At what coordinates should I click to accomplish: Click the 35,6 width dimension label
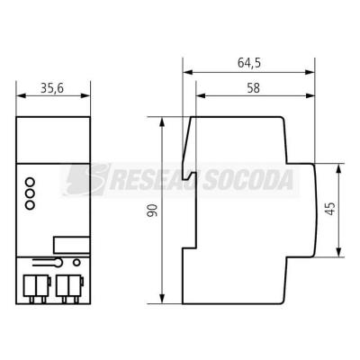pos(52,88)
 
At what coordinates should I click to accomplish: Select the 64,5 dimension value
pos(249,63)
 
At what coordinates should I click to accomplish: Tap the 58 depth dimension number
pos(253,88)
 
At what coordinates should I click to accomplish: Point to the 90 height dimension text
pos(152,211)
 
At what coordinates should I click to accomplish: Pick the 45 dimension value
pos(330,209)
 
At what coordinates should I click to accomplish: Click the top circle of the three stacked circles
pos(30,182)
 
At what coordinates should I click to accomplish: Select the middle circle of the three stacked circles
pos(30,193)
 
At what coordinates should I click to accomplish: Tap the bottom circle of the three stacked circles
pos(30,205)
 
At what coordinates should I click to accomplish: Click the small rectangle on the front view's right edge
pos(72,245)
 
